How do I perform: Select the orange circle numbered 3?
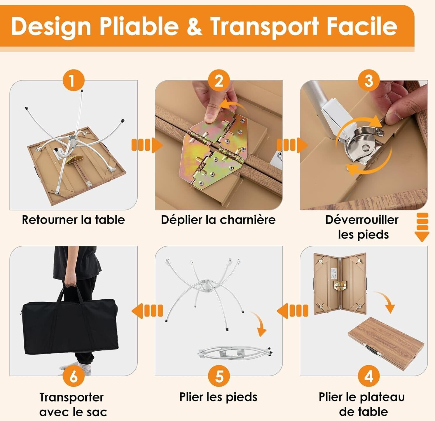pyautogui.click(x=369, y=80)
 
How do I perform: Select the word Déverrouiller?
pyautogui.click(x=362, y=220)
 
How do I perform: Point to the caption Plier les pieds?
pyautogui.click(x=218, y=397)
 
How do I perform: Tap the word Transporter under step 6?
pyautogui.click(x=71, y=397)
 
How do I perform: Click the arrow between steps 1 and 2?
pyautogui.click(x=147, y=145)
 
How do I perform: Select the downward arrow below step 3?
pyautogui.click(x=422, y=227)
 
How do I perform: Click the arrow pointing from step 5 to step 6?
pyautogui.click(x=147, y=311)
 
